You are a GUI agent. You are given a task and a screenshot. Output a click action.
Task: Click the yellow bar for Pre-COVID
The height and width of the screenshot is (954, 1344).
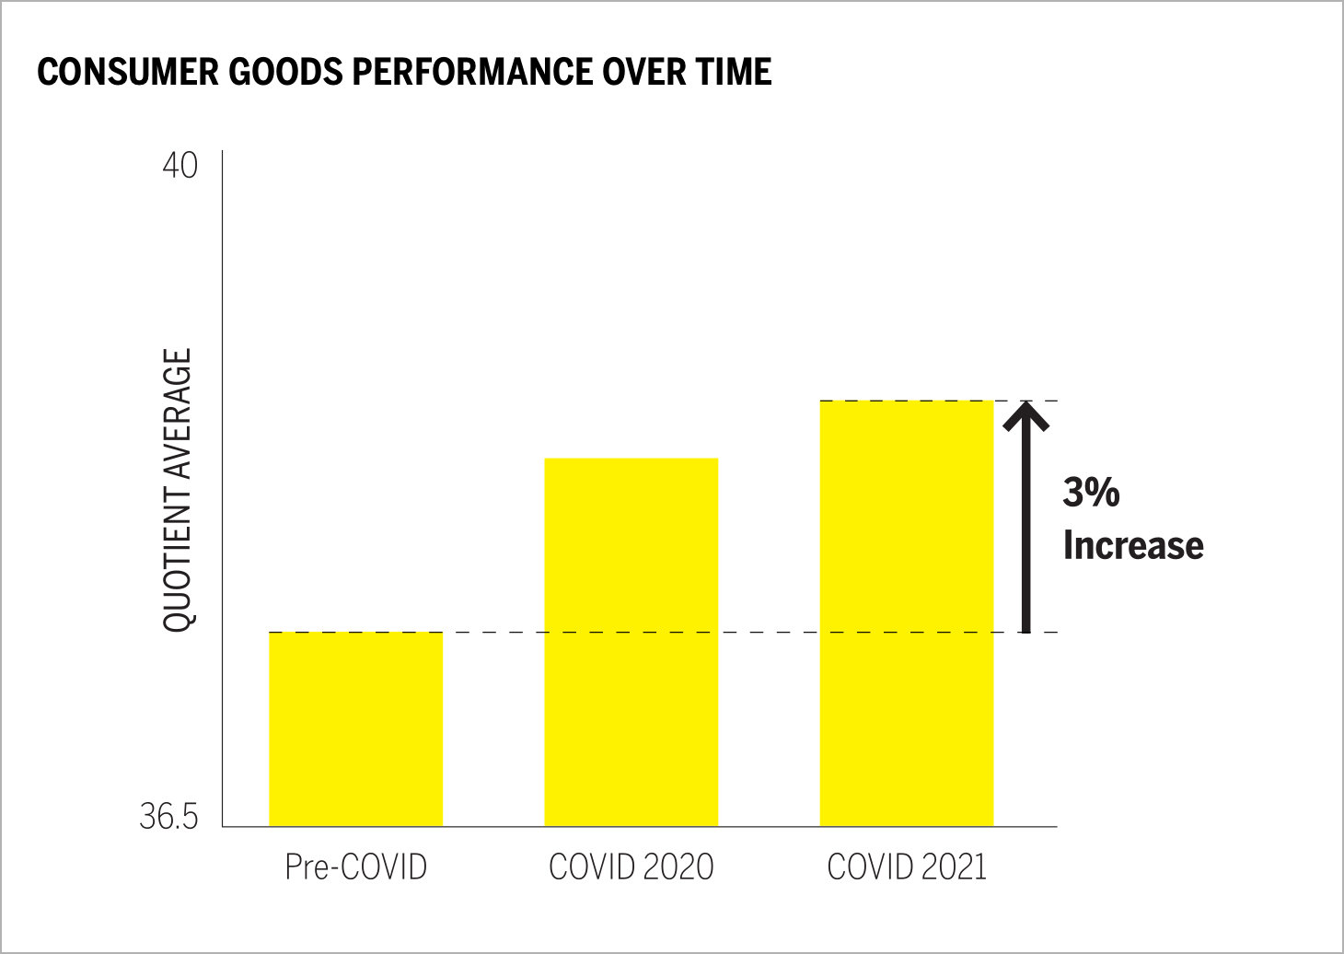pos(355,728)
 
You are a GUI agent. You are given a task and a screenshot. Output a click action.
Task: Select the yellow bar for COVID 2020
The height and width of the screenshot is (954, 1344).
pos(631,642)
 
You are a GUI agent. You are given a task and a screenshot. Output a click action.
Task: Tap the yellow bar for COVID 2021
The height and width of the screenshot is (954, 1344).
pos(906,613)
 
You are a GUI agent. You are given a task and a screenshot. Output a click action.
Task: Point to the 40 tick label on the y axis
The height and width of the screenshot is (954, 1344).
pos(180,166)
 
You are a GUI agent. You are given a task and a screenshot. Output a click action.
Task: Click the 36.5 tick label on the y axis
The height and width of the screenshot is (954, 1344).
pos(168,816)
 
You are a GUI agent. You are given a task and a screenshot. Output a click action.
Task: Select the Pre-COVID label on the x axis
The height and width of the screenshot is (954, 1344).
pos(355,867)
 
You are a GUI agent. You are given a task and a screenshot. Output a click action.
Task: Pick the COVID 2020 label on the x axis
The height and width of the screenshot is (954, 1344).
pos(631,867)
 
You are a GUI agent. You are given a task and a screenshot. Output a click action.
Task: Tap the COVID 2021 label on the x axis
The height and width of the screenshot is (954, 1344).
pos(907,867)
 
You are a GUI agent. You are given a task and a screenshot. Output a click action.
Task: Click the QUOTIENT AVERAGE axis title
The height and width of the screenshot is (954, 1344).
pos(178,490)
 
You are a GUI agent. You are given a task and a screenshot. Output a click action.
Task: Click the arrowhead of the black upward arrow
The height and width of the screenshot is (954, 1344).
pos(1025,414)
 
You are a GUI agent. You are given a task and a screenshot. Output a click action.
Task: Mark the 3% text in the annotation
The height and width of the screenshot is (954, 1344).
pos(1091,492)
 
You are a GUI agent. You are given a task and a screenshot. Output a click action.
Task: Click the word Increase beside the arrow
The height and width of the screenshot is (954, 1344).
pos(1133,545)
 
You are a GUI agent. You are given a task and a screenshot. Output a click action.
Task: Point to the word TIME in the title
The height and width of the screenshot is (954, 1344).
pos(734,72)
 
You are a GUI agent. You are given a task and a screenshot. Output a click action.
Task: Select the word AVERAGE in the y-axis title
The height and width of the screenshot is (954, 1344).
pos(178,415)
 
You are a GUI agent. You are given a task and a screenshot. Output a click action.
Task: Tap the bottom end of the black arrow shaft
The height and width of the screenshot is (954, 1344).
pos(1025,630)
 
